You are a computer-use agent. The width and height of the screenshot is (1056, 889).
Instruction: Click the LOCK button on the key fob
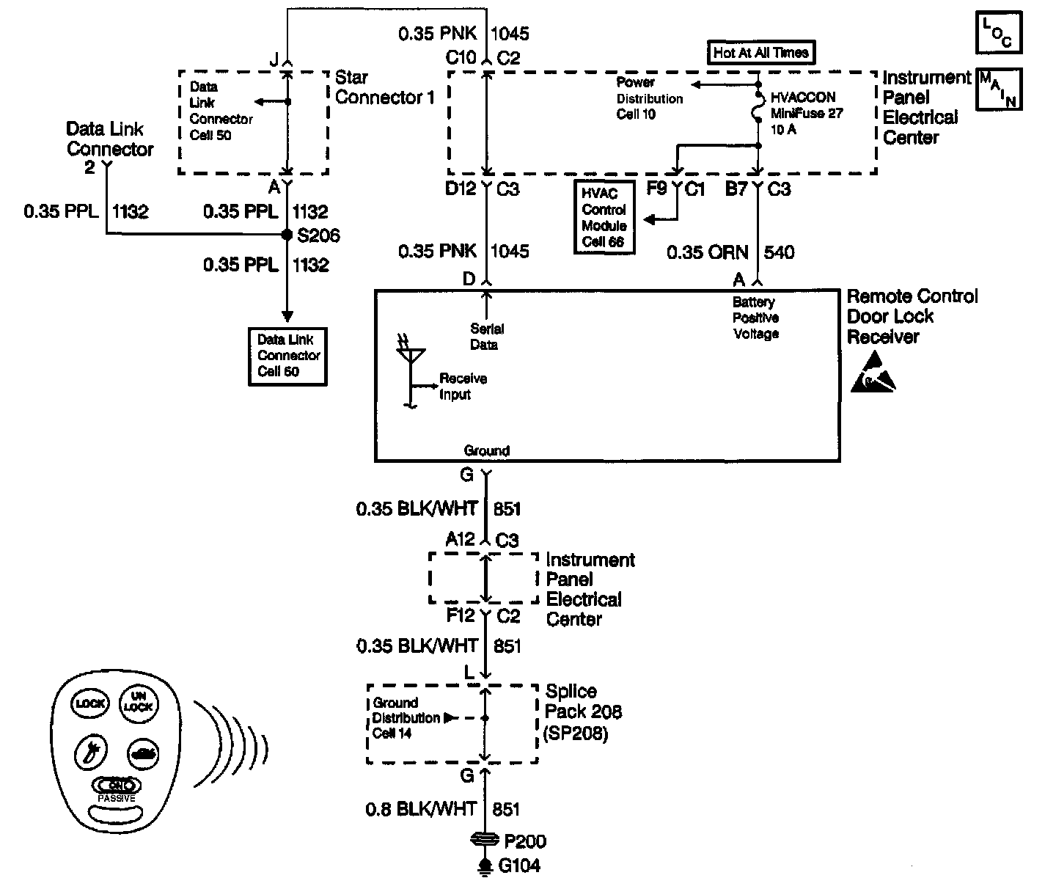pyautogui.click(x=89, y=703)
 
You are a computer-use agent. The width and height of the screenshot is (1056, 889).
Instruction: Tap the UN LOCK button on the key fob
pyautogui.click(x=137, y=702)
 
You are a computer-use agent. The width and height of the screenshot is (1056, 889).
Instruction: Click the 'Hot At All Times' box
pyautogui.click(x=760, y=53)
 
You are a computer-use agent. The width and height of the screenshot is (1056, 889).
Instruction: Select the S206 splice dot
pyautogui.click(x=287, y=235)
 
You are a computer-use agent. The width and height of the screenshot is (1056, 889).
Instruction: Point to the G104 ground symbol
pyautogui.click(x=484, y=866)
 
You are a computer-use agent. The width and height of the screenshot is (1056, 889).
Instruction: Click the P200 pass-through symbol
pyautogui.click(x=484, y=840)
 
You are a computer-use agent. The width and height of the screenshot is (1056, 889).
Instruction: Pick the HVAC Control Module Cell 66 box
pyautogui.click(x=604, y=218)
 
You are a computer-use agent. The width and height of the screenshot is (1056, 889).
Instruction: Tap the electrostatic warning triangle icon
pyautogui.click(x=873, y=372)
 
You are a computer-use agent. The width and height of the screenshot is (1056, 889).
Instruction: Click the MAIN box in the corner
pyautogui.click(x=999, y=89)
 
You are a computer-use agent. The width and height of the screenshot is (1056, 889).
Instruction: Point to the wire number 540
pyautogui.click(x=779, y=253)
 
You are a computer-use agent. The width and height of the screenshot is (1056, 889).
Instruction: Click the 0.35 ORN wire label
pyautogui.click(x=707, y=253)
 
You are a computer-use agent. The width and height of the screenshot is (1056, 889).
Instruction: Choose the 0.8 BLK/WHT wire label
pyautogui.click(x=421, y=809)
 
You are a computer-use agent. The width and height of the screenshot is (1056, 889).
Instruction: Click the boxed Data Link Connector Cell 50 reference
pyautogui.click(x=287, y=356)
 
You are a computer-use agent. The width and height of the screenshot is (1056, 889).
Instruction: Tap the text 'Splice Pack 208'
pyautogui.click(x=583, y=701)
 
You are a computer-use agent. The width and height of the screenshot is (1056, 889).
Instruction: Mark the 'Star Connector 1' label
pyautogui.click(x=384, y=87)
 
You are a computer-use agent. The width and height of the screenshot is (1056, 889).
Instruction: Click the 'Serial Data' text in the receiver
pyautogui.click(x=487, y=337)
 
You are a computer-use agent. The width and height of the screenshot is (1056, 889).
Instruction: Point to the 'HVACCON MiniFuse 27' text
pyautogui.click(x=807, y=106)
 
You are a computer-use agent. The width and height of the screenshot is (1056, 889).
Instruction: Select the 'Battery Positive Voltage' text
pyautogui.click(x=755, y=318)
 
